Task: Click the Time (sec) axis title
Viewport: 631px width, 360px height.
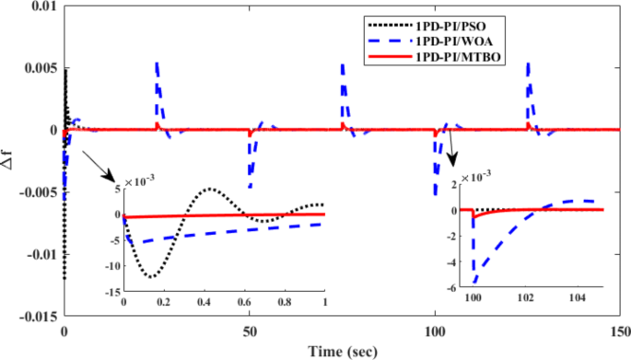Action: pos(341,351)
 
